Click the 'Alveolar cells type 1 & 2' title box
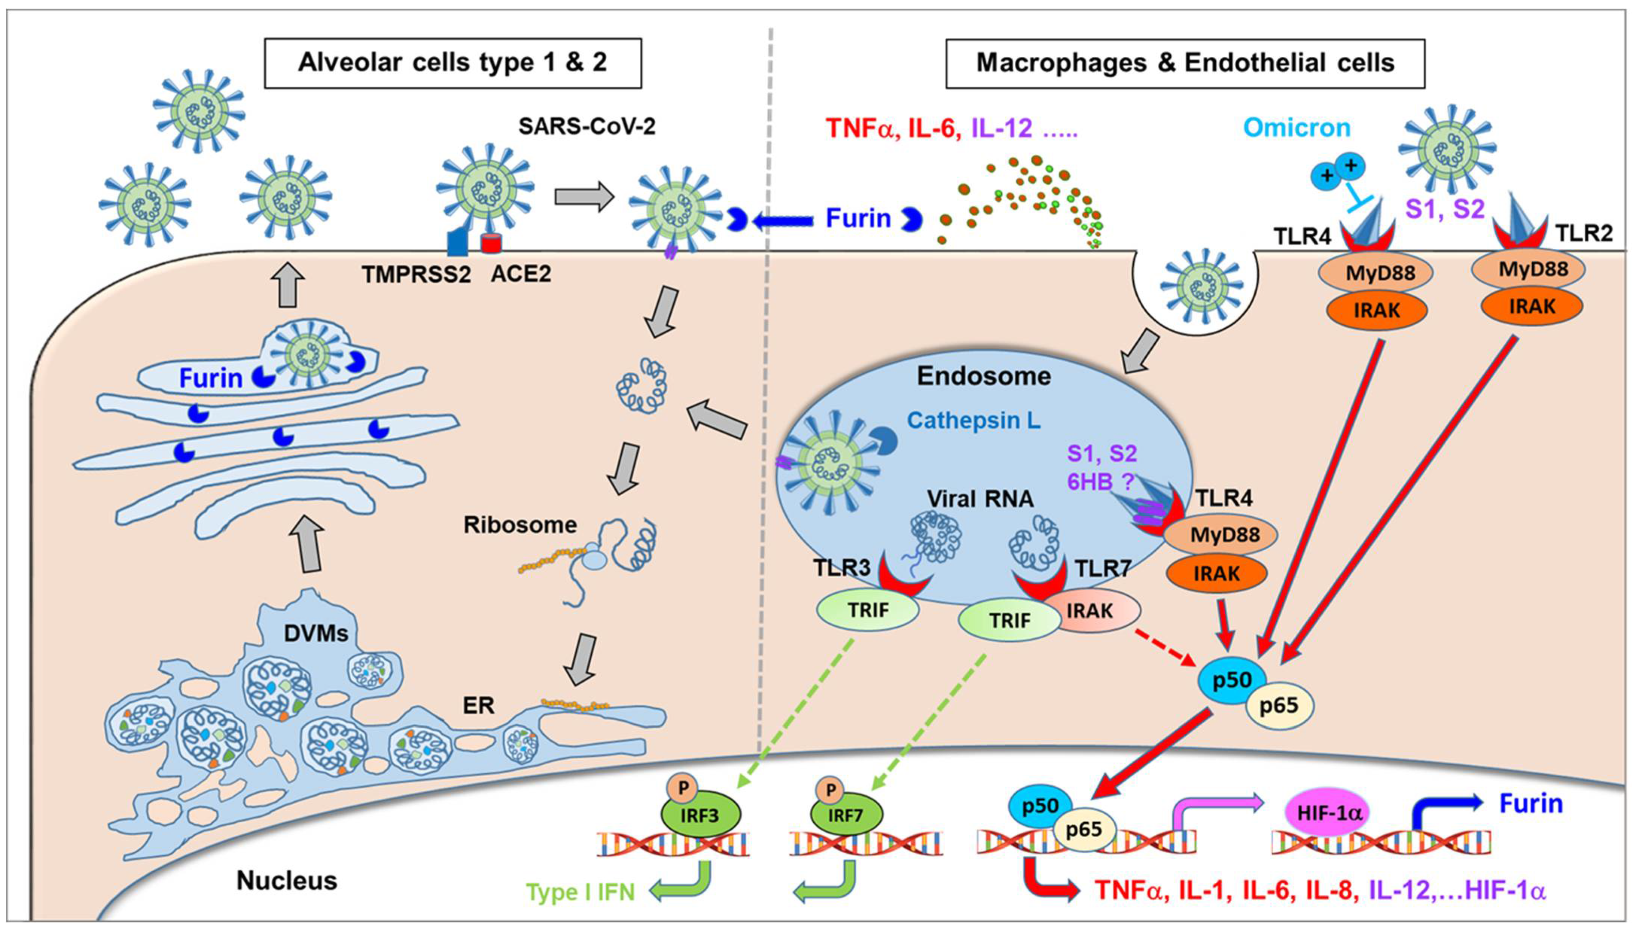pos(453,63)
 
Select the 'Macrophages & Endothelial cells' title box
pos(1185,63)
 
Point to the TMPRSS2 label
pos(416,274)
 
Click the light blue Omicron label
pos(1296,128)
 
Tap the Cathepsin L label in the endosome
pos(973,420)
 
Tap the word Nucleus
pos(286,880)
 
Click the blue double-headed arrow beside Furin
pos(784,221)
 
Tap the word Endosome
pos(983,375)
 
